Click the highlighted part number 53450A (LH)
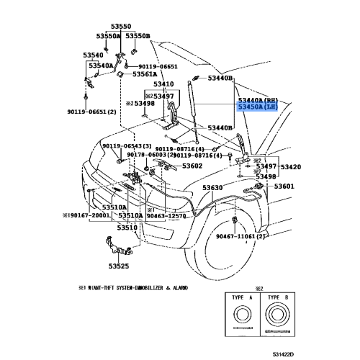pyautogui.click(x=257, y=107)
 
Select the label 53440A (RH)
pyautogui.click(x=257, y=99)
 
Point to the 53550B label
pyautogui.click(x=138, y=35)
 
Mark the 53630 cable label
pyautogui.click(x=213, y=187)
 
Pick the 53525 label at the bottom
pyautogui.click(x=119, y=266)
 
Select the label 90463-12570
pyautogui.click(x=168, y=215)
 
